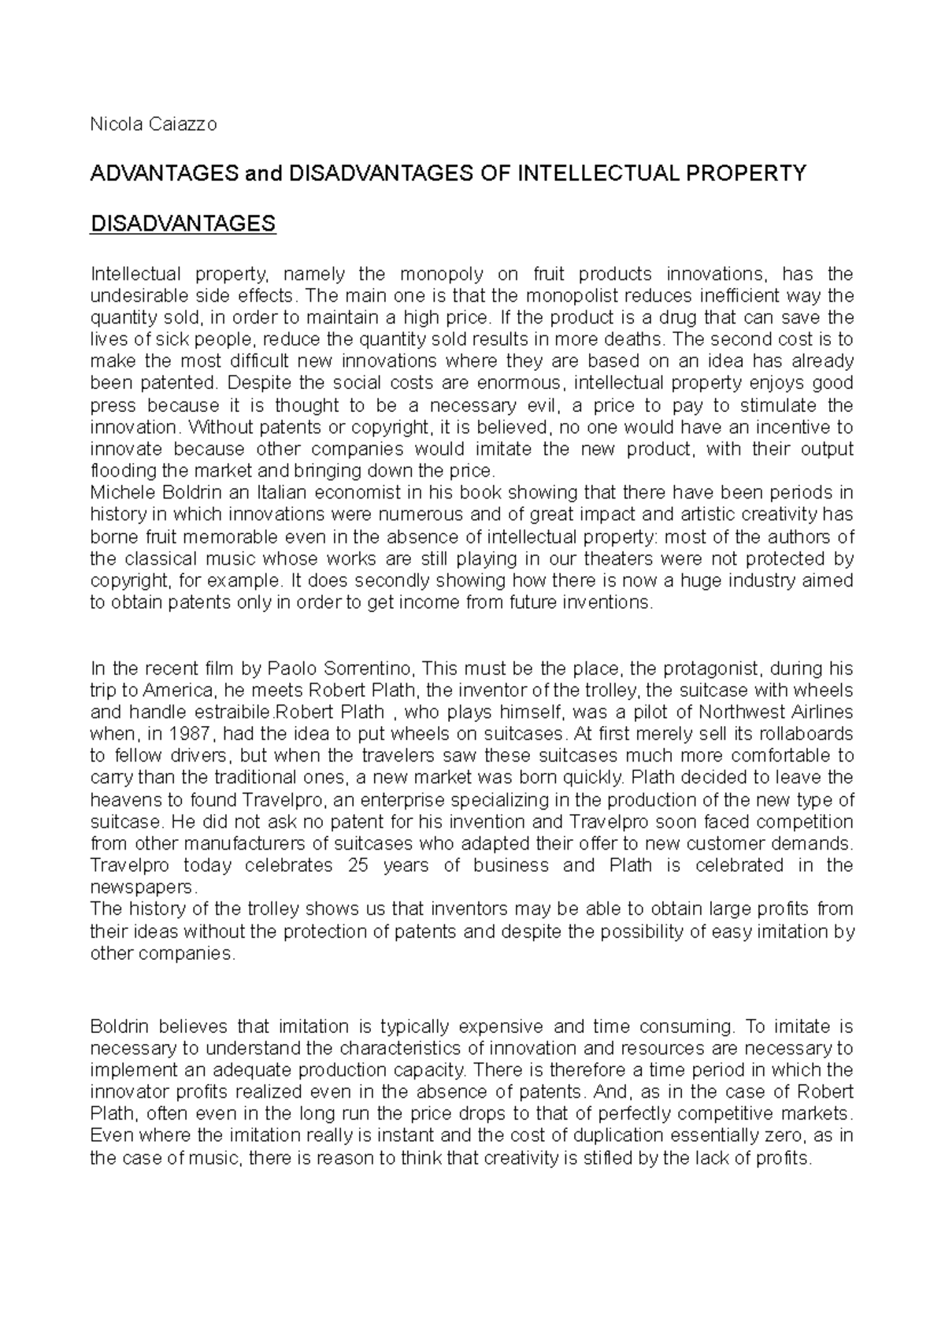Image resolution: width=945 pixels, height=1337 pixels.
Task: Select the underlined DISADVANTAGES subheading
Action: click(x=183, y=224)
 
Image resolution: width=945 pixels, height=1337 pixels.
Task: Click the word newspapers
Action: click(x=142, y=887)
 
